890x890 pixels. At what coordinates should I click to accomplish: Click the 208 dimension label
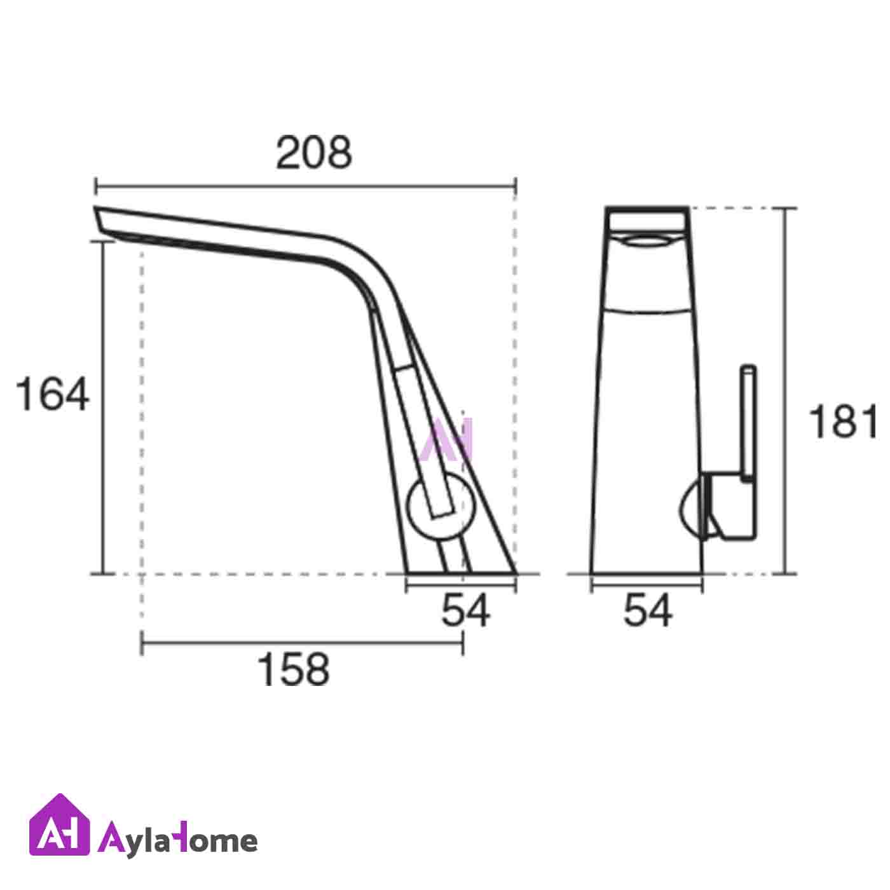[x=314, y=153]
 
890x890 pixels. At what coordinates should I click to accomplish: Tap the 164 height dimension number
[x=52, y=394]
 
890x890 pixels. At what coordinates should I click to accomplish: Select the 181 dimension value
[x=844, y=421]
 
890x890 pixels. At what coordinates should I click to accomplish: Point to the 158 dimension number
[x=293, y=669]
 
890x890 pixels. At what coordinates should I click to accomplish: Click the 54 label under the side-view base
[x=465, y=610]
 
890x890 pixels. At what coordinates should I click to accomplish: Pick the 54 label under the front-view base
[x=648, y=610]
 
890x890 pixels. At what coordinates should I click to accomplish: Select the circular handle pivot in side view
[x=440, y=507]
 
